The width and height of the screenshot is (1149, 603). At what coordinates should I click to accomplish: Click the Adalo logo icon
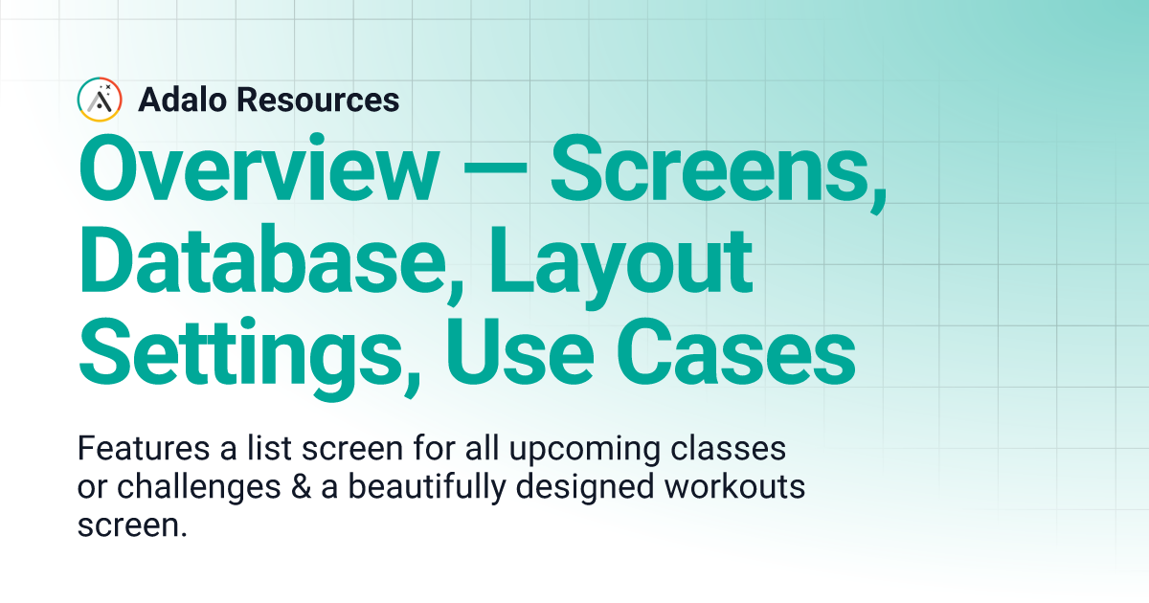click(x=100, y=100)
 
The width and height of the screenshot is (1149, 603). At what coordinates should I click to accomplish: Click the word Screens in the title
click(x=718, y=171)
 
